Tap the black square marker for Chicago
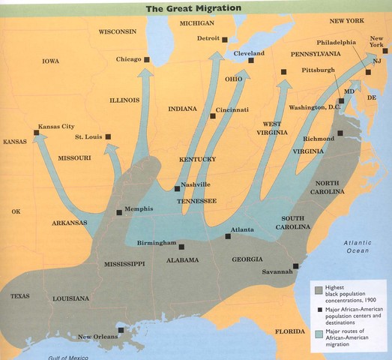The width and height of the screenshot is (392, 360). [147, 59]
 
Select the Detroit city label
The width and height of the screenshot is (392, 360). [209, 38]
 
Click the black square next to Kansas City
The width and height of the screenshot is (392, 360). [36, 133]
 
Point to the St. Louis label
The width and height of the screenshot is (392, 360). [88, 136]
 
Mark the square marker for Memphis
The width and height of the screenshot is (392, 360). [119, 212]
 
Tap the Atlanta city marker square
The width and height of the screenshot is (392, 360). [228, 236]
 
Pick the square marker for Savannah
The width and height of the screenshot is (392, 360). [296, 265]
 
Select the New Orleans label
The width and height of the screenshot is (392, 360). [97, 337]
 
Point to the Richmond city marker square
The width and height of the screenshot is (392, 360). [340, 133]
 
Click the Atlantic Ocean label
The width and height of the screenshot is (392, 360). [358, 247]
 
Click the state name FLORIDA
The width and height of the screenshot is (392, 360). [291, 331]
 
